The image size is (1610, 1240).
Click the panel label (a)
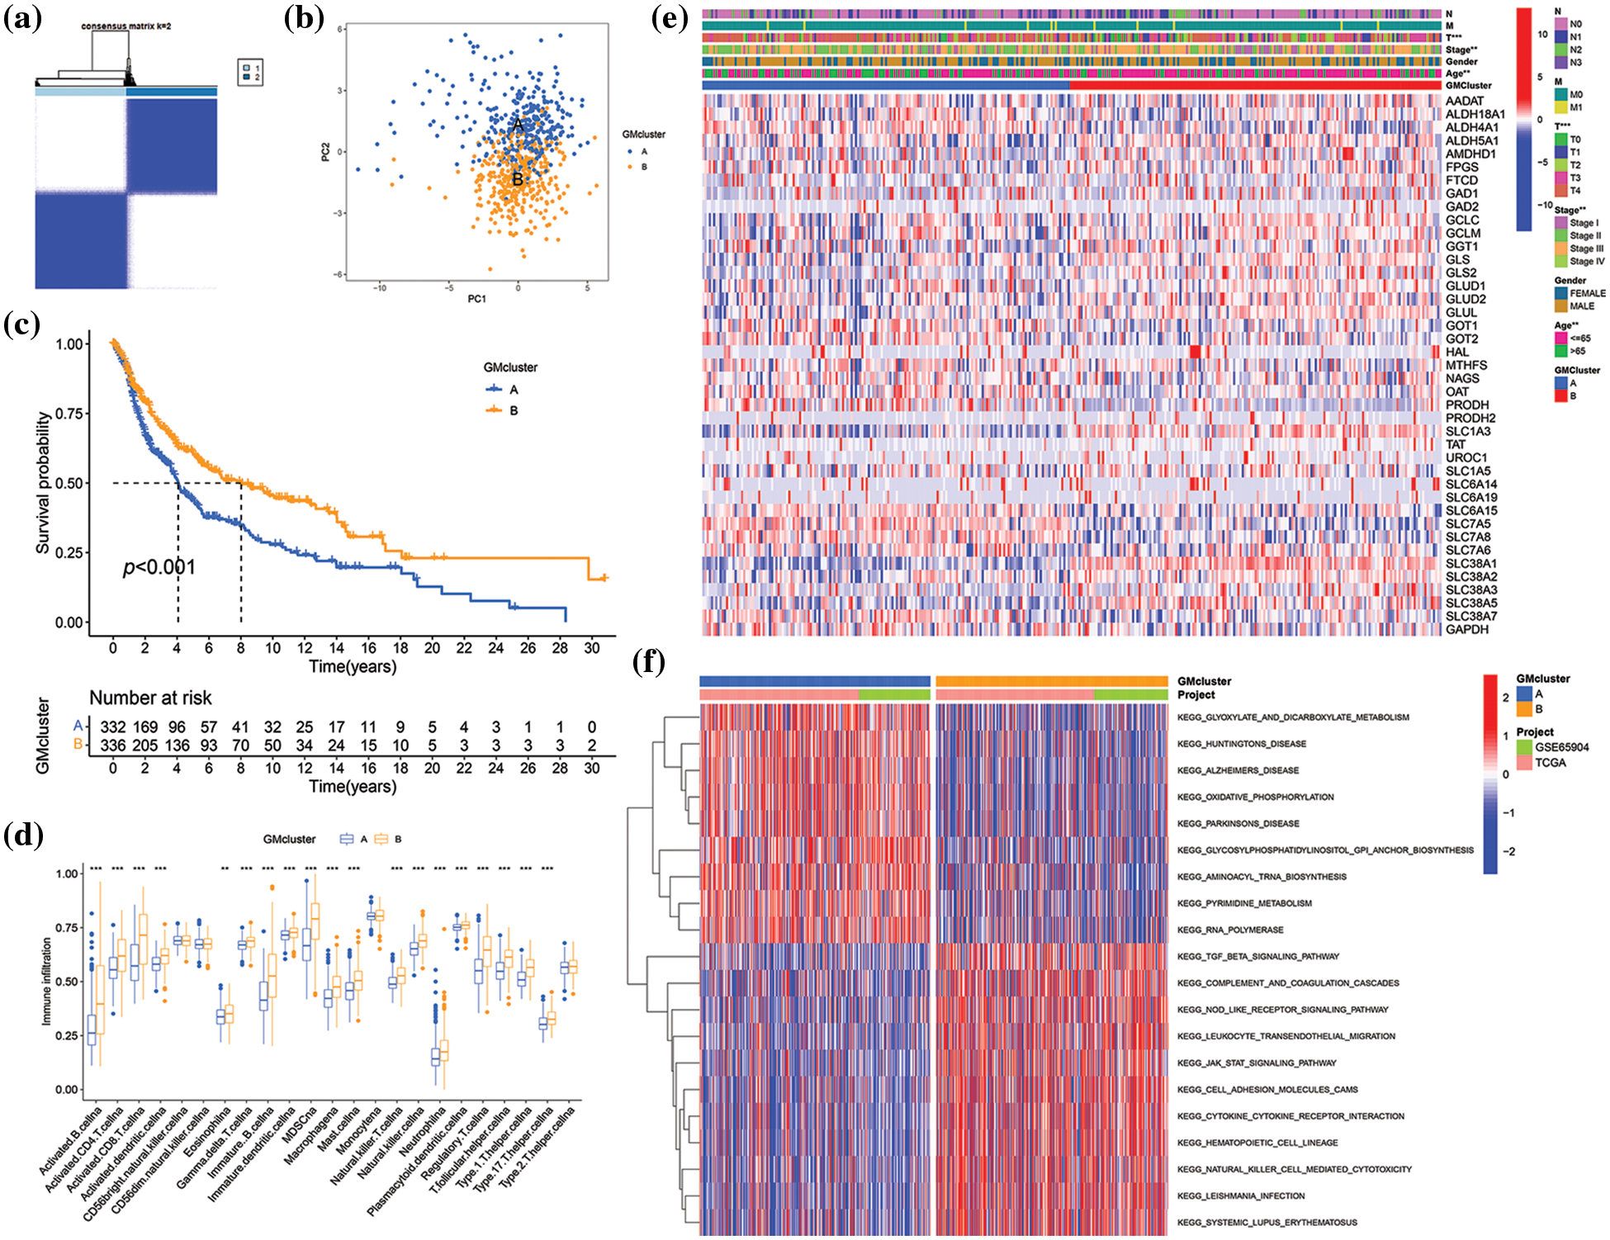22,18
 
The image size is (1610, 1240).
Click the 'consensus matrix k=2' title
125,26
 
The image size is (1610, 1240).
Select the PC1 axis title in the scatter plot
477,299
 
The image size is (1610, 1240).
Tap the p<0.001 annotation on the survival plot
159,567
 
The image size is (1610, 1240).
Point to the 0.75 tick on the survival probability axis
69,414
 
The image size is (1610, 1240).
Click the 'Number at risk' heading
150,698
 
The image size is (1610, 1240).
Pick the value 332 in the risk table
113,727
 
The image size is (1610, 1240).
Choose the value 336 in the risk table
113,745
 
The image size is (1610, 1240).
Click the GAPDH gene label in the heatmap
1467,630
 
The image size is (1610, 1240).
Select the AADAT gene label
1465,102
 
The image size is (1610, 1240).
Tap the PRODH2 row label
1470,419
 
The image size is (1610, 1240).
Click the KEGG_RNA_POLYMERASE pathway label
1230,930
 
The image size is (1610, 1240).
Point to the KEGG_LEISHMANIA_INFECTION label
1241,1196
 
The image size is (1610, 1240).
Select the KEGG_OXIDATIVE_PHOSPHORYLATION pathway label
1255,797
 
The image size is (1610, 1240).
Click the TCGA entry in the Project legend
1550,763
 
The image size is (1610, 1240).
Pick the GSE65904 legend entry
1561,747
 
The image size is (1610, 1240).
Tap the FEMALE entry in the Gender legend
1587,293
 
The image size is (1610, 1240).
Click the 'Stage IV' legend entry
1587,262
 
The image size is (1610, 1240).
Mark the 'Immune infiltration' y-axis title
47,982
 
